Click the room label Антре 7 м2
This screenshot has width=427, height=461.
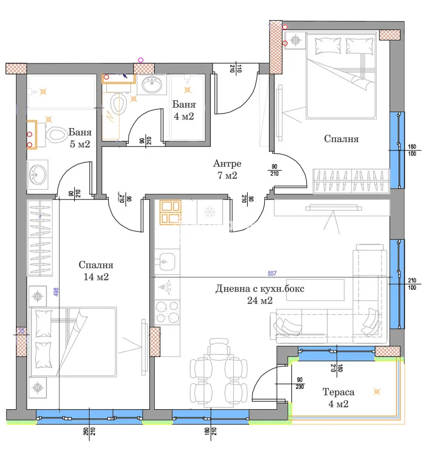227,169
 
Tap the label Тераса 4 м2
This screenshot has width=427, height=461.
338,398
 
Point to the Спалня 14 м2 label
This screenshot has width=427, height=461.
96,271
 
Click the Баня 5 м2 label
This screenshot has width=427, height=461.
80,138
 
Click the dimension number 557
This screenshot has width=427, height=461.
273,273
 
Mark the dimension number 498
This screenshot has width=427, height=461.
56,292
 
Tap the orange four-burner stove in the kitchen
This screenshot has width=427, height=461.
170,212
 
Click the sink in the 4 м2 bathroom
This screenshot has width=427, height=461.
154,84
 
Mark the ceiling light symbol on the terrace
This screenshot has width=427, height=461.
378,392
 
